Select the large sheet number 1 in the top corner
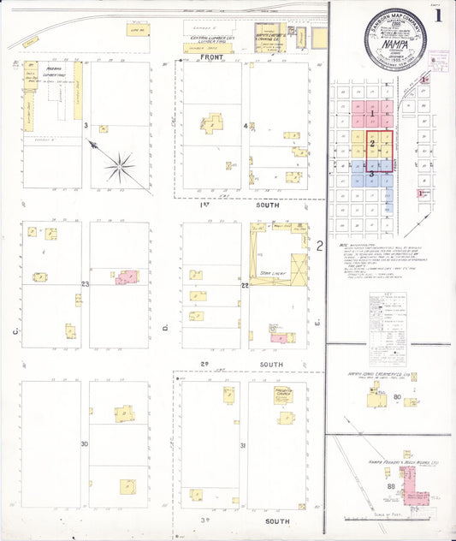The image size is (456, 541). coord(438,15)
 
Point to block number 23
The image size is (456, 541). coord(86,284)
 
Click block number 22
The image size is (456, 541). coord(245,284)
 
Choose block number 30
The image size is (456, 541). coord(85,444)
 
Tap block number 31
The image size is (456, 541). coord(243,445)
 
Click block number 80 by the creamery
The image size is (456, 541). coord(398,397)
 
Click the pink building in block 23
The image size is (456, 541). coord(127,277)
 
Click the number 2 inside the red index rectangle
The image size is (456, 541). coord(372,143)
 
